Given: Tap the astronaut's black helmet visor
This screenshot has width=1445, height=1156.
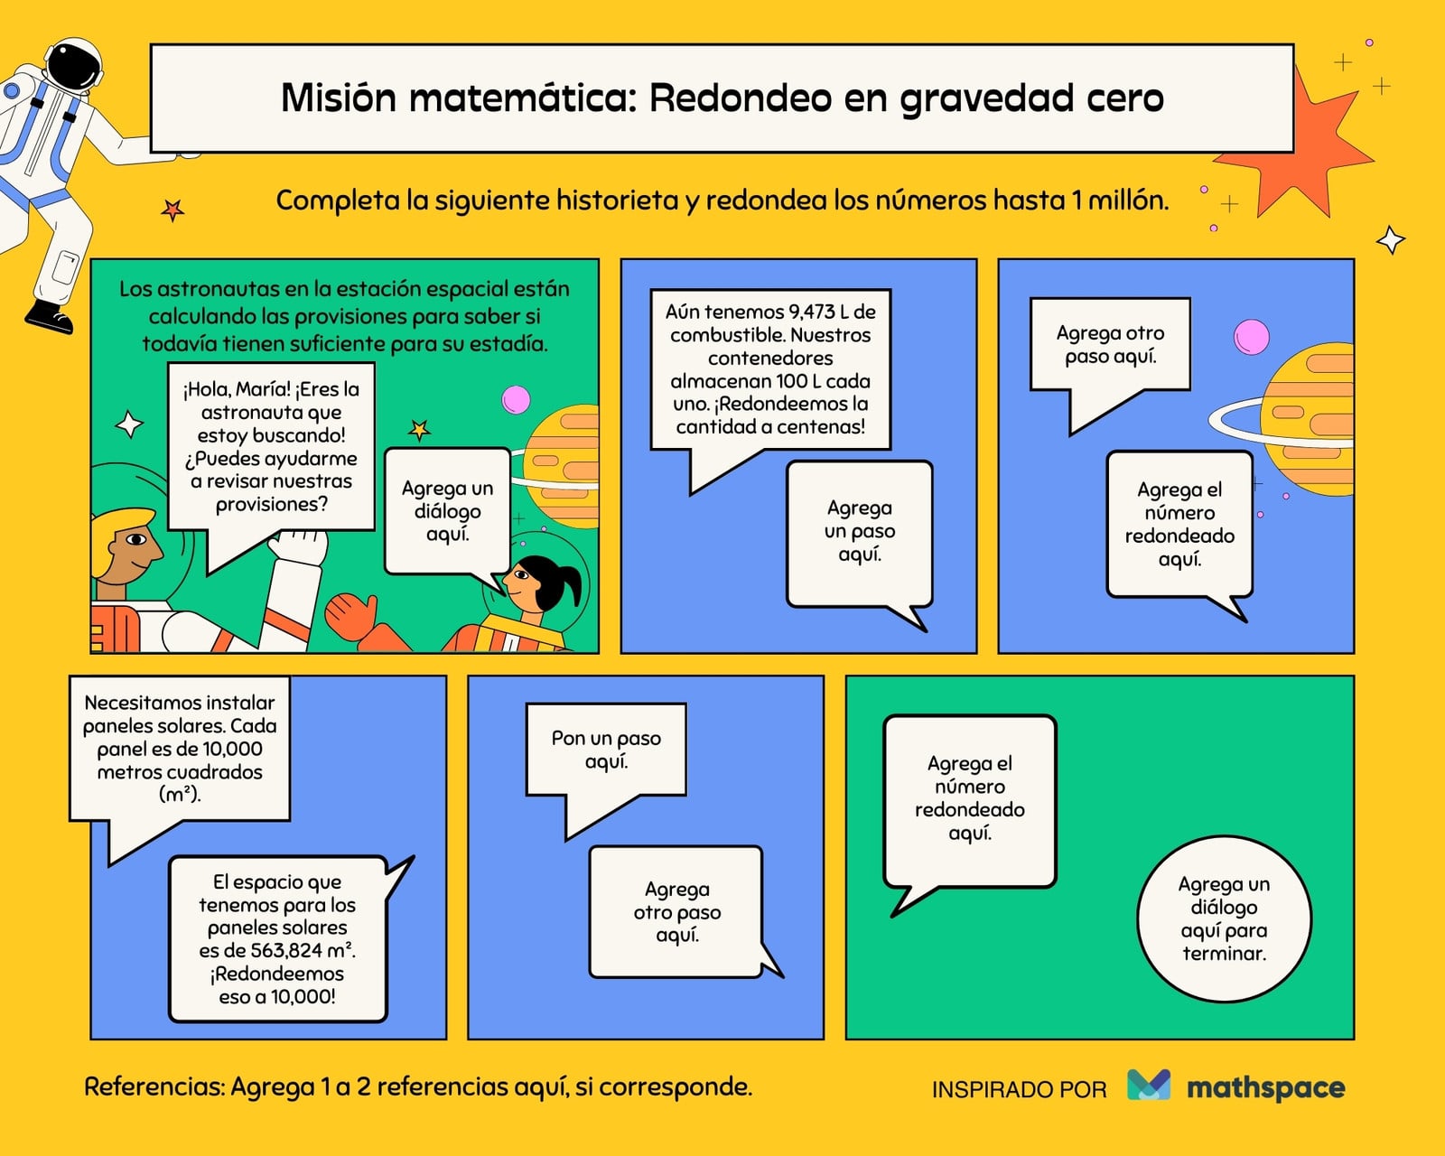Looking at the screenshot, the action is click(75, 65).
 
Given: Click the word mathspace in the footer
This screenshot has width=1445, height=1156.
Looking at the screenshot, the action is click(1265, 1087).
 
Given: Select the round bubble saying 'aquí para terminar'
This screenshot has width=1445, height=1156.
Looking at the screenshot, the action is click(1224, 918).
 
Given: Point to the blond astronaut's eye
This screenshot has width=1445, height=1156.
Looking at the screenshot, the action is click(135, 539).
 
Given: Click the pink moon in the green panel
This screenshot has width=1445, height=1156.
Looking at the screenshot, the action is click(516, 400).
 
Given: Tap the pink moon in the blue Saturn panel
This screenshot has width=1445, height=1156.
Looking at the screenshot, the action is click(1252, 337).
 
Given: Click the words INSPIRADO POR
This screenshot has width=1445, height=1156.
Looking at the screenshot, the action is click(1020, 1089).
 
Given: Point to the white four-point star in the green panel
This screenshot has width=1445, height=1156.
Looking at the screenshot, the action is click(129, 424).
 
